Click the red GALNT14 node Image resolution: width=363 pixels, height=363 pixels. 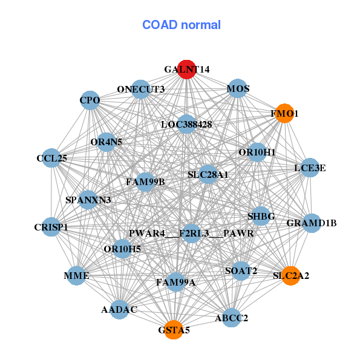(x=187, y=70)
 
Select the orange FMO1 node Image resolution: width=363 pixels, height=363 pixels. (x=284, y=113)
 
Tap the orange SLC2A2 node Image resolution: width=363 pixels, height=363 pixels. (x=291, y=275)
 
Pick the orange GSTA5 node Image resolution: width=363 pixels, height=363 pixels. (x=174, y=330)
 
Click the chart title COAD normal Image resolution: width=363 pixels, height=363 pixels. (x=181, y=25)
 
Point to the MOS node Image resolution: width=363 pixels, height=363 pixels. (x=238, y=89)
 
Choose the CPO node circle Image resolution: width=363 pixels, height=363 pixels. (x=90, y=100)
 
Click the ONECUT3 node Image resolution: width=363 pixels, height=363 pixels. (x=141, y=89)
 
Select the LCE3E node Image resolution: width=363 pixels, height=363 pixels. (x=310, y=168)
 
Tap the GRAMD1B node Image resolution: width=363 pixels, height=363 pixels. (x=312, y=223)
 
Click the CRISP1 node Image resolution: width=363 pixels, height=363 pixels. (x=51, y=227)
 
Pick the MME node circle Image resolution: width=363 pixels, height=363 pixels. (x=77, y=276)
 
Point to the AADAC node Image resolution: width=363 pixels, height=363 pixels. (x=119, y=309)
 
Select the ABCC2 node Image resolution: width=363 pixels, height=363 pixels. (x=232, y=317)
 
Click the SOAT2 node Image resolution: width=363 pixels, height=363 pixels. (x=241, y=270)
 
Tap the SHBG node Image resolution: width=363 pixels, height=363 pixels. (x=261, y=216)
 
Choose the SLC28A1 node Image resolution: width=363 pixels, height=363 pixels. (x=208, y=174)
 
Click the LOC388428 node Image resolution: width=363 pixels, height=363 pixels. (x=186, y=124)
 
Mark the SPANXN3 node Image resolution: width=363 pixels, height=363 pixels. (x=88, y=200)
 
